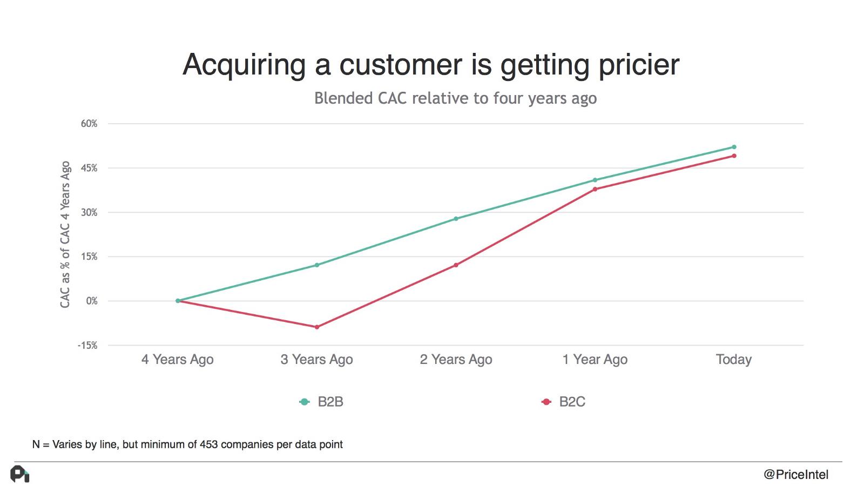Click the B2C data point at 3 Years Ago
pos(317,327)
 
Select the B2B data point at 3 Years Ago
pos(317,265)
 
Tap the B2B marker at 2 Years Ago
pos(456,219)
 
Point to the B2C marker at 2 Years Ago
pos(456,265)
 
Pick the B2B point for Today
pos(734,147)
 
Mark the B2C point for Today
pos(734,156)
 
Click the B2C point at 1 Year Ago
pos(595,189)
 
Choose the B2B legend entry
pos(322,402)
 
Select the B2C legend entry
pos(564,402)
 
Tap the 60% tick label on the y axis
pos(89,124)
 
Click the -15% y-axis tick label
pos(87,345)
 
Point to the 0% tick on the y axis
pos(92,301)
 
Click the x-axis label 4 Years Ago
pos(178,360)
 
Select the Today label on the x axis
pos(733,360)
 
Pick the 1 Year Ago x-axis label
pos(595,360)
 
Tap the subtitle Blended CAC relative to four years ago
pos(455,98)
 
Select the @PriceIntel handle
pos(795,475)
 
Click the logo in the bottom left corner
pos(20,474)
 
